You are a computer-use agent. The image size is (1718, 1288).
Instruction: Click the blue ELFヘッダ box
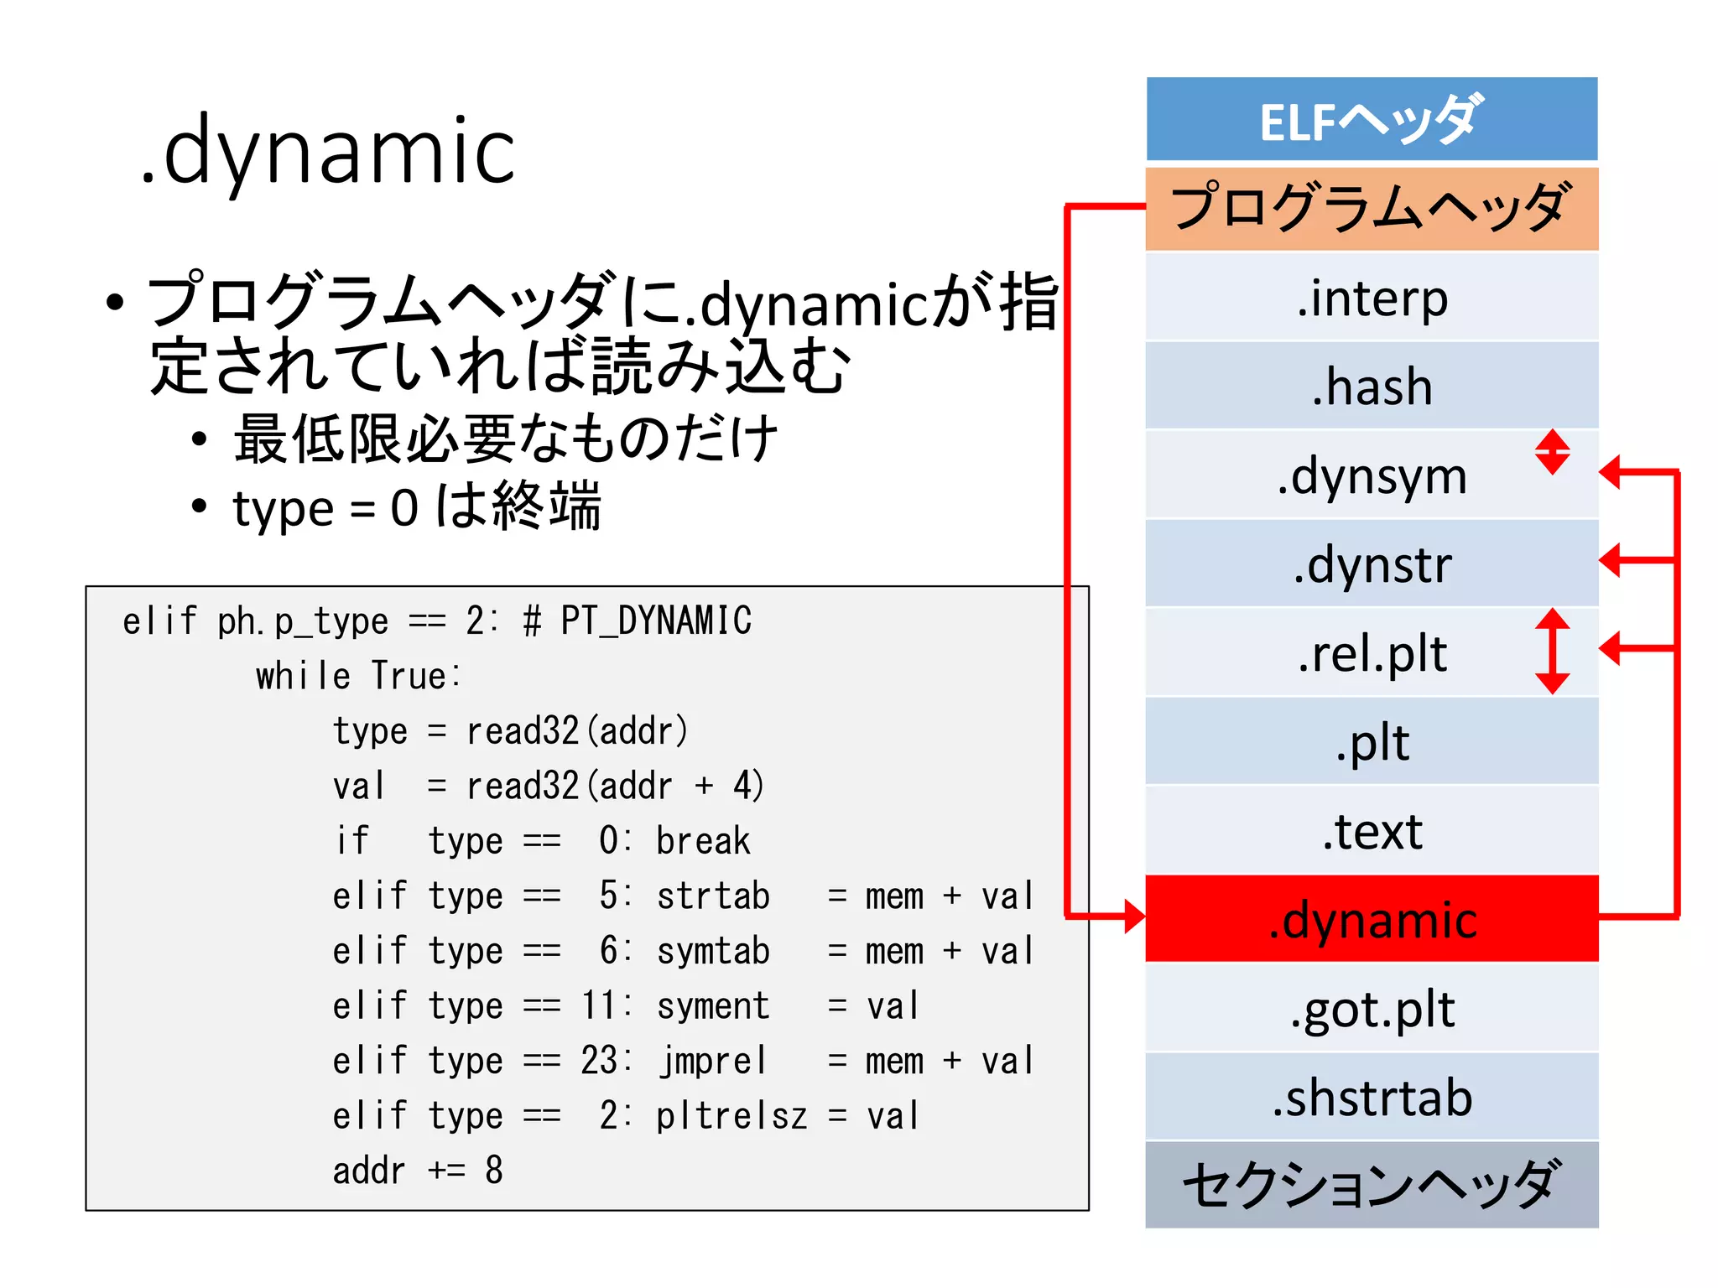coord(1371,119)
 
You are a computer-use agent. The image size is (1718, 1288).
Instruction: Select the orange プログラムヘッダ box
coord(1371,209)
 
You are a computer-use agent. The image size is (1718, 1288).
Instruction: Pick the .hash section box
coord(1371,386)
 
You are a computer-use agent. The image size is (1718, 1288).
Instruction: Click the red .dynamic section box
coord(1371,919)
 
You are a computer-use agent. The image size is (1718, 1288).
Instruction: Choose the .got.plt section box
coord(1371,1008)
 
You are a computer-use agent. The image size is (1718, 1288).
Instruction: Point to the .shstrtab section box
coord(1371,1097)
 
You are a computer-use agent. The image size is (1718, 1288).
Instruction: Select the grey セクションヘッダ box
coord(1371,1184)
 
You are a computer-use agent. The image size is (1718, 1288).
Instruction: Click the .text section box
coord(1371,830)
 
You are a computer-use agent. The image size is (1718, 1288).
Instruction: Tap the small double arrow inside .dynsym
coord(1552,452)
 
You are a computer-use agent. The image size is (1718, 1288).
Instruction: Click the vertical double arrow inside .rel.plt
coord(1552,651)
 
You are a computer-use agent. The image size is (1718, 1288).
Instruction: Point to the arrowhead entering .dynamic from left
coord(1134,917)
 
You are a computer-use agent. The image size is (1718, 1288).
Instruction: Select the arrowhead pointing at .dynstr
coord(1611,560)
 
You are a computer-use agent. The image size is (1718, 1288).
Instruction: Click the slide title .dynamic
coord(327,151)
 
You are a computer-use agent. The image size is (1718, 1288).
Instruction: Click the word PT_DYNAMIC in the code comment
coord(655,621)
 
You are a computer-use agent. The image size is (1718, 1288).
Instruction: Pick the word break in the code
coord(703,841)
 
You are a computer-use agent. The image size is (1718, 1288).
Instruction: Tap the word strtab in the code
coord(713,896)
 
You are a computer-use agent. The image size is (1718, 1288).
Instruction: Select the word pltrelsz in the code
coord(731,1116)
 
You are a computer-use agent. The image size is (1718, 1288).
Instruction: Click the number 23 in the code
coord(599,1061)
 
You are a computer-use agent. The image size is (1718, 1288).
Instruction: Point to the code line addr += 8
coord(418,1171)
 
